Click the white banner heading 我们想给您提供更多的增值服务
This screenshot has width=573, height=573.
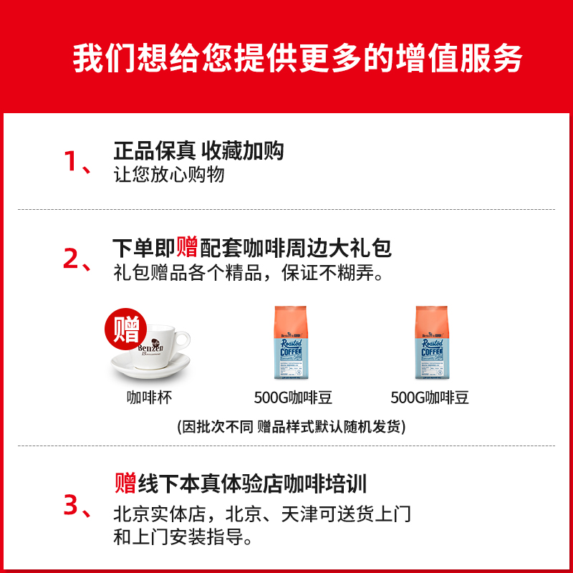pos(297,59)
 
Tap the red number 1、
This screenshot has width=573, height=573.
pos(77,162)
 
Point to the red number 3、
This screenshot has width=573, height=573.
pos(77,506)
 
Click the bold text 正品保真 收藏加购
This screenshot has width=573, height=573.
pos(198,150)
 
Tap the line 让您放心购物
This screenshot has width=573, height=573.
pos(169,175)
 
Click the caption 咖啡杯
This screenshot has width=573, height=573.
pos(150,398)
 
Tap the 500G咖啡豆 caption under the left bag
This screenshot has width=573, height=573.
pos(293,398)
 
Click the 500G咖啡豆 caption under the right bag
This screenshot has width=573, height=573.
pos(430,398)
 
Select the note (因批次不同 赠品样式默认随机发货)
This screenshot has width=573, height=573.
pos(292,427)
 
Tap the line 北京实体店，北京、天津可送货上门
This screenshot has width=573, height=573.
pos(262,514)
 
